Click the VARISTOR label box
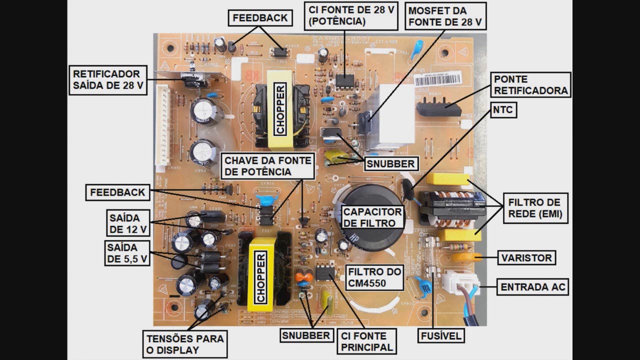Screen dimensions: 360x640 point(526,258)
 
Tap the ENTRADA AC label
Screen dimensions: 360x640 point(533,287)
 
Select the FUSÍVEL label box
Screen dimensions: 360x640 point(440,335)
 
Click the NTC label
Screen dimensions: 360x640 point(502,110)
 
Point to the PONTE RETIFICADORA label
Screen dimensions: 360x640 point(531,85)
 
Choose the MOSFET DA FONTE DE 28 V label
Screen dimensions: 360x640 point(445,16)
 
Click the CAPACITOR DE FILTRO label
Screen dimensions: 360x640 point(372,217)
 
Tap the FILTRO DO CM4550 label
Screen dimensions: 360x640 point(374,278)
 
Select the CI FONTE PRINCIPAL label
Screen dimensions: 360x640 point(366,341)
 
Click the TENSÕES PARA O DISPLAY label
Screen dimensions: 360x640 point(185,344)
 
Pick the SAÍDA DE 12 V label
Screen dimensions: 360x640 point(127,223)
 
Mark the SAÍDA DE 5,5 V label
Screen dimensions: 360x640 point(127,253)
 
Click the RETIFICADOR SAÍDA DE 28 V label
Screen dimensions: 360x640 point(108,79)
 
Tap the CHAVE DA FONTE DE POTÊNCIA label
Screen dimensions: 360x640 point(268,166)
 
